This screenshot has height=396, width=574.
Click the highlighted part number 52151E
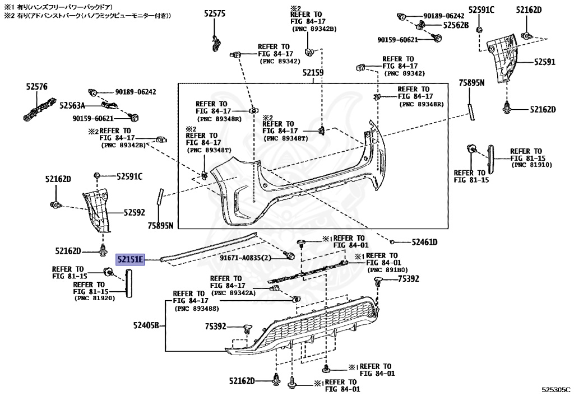point(130,259)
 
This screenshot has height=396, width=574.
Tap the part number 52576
point(37,87)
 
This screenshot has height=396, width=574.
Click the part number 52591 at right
point(544,62)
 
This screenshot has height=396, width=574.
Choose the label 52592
point(134,213)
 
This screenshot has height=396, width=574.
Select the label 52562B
point(456,25)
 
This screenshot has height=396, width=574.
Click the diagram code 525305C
point(555,388)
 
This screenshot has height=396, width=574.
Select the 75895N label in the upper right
point(471,82)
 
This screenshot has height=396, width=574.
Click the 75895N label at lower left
point(160,226)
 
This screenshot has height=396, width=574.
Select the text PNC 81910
point(532,165)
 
